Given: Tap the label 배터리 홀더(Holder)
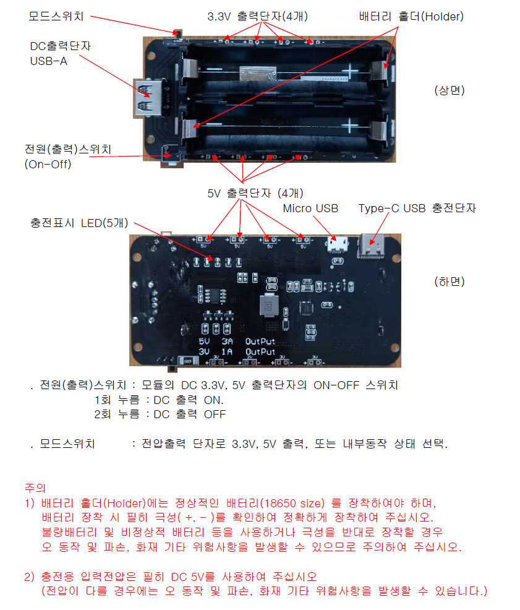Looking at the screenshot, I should (411, 17).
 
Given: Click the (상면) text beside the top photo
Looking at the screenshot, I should (449, 90).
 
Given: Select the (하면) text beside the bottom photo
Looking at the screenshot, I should (449, 281).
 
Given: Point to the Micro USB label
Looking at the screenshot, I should (310, 208).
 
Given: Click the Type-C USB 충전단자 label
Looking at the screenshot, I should (417, 208).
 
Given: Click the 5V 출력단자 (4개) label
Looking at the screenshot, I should (255, 192).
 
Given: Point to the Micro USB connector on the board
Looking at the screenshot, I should (337, 246).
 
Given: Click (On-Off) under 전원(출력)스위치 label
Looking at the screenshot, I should (48, 164).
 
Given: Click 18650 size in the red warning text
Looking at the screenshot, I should (294, 502).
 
